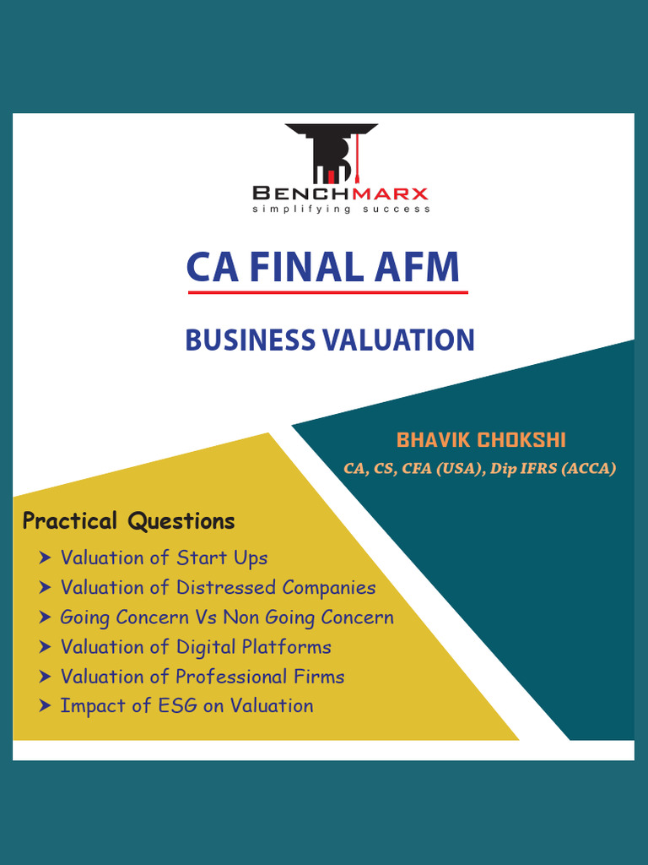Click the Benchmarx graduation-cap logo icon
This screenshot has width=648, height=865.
(331, 154)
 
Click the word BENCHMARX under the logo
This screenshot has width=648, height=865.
(341, 193)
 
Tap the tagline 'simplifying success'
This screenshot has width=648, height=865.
(341, 209)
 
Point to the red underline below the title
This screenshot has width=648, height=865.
(327, 292)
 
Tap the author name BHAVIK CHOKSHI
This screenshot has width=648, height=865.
(481, 440)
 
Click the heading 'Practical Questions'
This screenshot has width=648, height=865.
(128, 521)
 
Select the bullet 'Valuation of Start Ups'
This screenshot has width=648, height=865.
(164, 558)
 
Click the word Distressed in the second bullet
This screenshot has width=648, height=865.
(226, 587)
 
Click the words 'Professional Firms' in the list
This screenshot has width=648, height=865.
(260, 677)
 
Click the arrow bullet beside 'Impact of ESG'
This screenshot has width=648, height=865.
(45, 706)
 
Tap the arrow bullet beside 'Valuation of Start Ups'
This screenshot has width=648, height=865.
(45, 558)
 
